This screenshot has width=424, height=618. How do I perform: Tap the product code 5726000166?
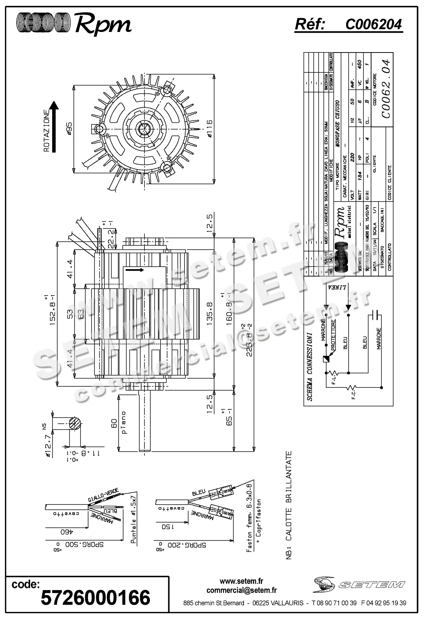(x=95, y=597)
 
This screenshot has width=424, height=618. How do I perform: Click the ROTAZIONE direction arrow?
(x=54, y=127)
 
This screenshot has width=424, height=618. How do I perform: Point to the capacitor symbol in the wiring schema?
(x=376, y=315)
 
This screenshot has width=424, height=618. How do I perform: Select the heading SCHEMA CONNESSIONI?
(x=309, y=366)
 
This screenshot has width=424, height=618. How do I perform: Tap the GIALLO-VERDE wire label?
(x=102, y=497)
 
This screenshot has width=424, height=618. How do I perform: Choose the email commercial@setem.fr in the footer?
(x=241, y=590)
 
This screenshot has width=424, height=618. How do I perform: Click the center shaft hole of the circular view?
(x=143, y=129)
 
